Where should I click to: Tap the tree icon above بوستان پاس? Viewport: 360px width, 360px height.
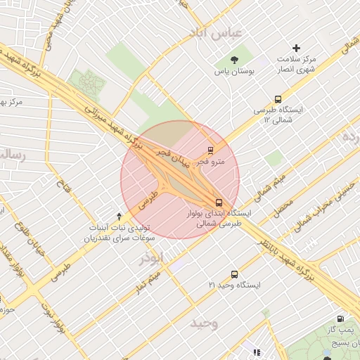pos(234,60)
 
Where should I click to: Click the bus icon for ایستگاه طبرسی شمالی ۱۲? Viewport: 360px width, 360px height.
pos(278,100)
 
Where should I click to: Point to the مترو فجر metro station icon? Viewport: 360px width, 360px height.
pos(211,150)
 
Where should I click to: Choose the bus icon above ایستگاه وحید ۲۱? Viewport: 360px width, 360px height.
pos(233,274)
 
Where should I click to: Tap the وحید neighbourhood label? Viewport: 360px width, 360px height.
pos(205,323)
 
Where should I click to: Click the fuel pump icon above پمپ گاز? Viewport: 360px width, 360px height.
pos(341,319)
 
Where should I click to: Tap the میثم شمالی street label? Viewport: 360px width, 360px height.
pos(270,184)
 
